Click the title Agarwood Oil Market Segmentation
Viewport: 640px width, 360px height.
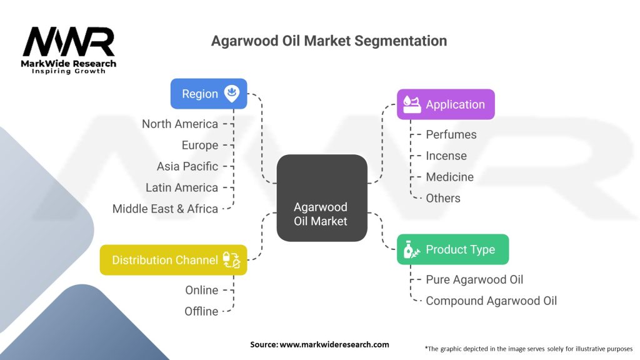point(329,41)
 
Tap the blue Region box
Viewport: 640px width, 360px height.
point(209,94)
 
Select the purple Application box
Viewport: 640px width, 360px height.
point(446,104)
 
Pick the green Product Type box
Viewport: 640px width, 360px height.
point(453,249)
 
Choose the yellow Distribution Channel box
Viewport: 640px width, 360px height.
point(174,260)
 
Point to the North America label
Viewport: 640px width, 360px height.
point(180,124)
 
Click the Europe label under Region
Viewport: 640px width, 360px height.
point(200,145)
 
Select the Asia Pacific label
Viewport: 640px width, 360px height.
point(187,166)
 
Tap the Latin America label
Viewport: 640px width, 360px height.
point(182,187)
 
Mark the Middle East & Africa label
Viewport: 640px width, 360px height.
point(165,209)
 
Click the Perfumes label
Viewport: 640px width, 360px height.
point(451,134)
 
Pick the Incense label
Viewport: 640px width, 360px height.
point(446,156)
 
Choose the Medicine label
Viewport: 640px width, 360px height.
point(449,177)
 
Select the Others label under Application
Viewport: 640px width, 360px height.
point(442,198)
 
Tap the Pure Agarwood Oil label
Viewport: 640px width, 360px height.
point(474,279)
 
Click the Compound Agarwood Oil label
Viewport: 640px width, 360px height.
point(491,301)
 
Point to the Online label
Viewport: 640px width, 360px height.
point(201,290)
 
